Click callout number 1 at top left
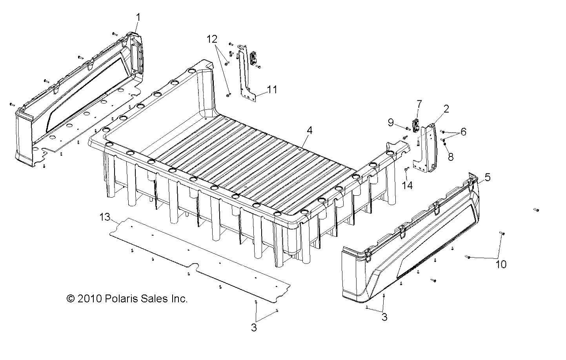138,17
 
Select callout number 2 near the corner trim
446,109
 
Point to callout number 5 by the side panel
487,177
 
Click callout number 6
463,132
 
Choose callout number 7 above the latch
419,104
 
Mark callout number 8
450,157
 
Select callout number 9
391,123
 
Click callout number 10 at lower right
501,264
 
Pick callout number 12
212,39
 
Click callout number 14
408,185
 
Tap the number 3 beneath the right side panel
384,317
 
